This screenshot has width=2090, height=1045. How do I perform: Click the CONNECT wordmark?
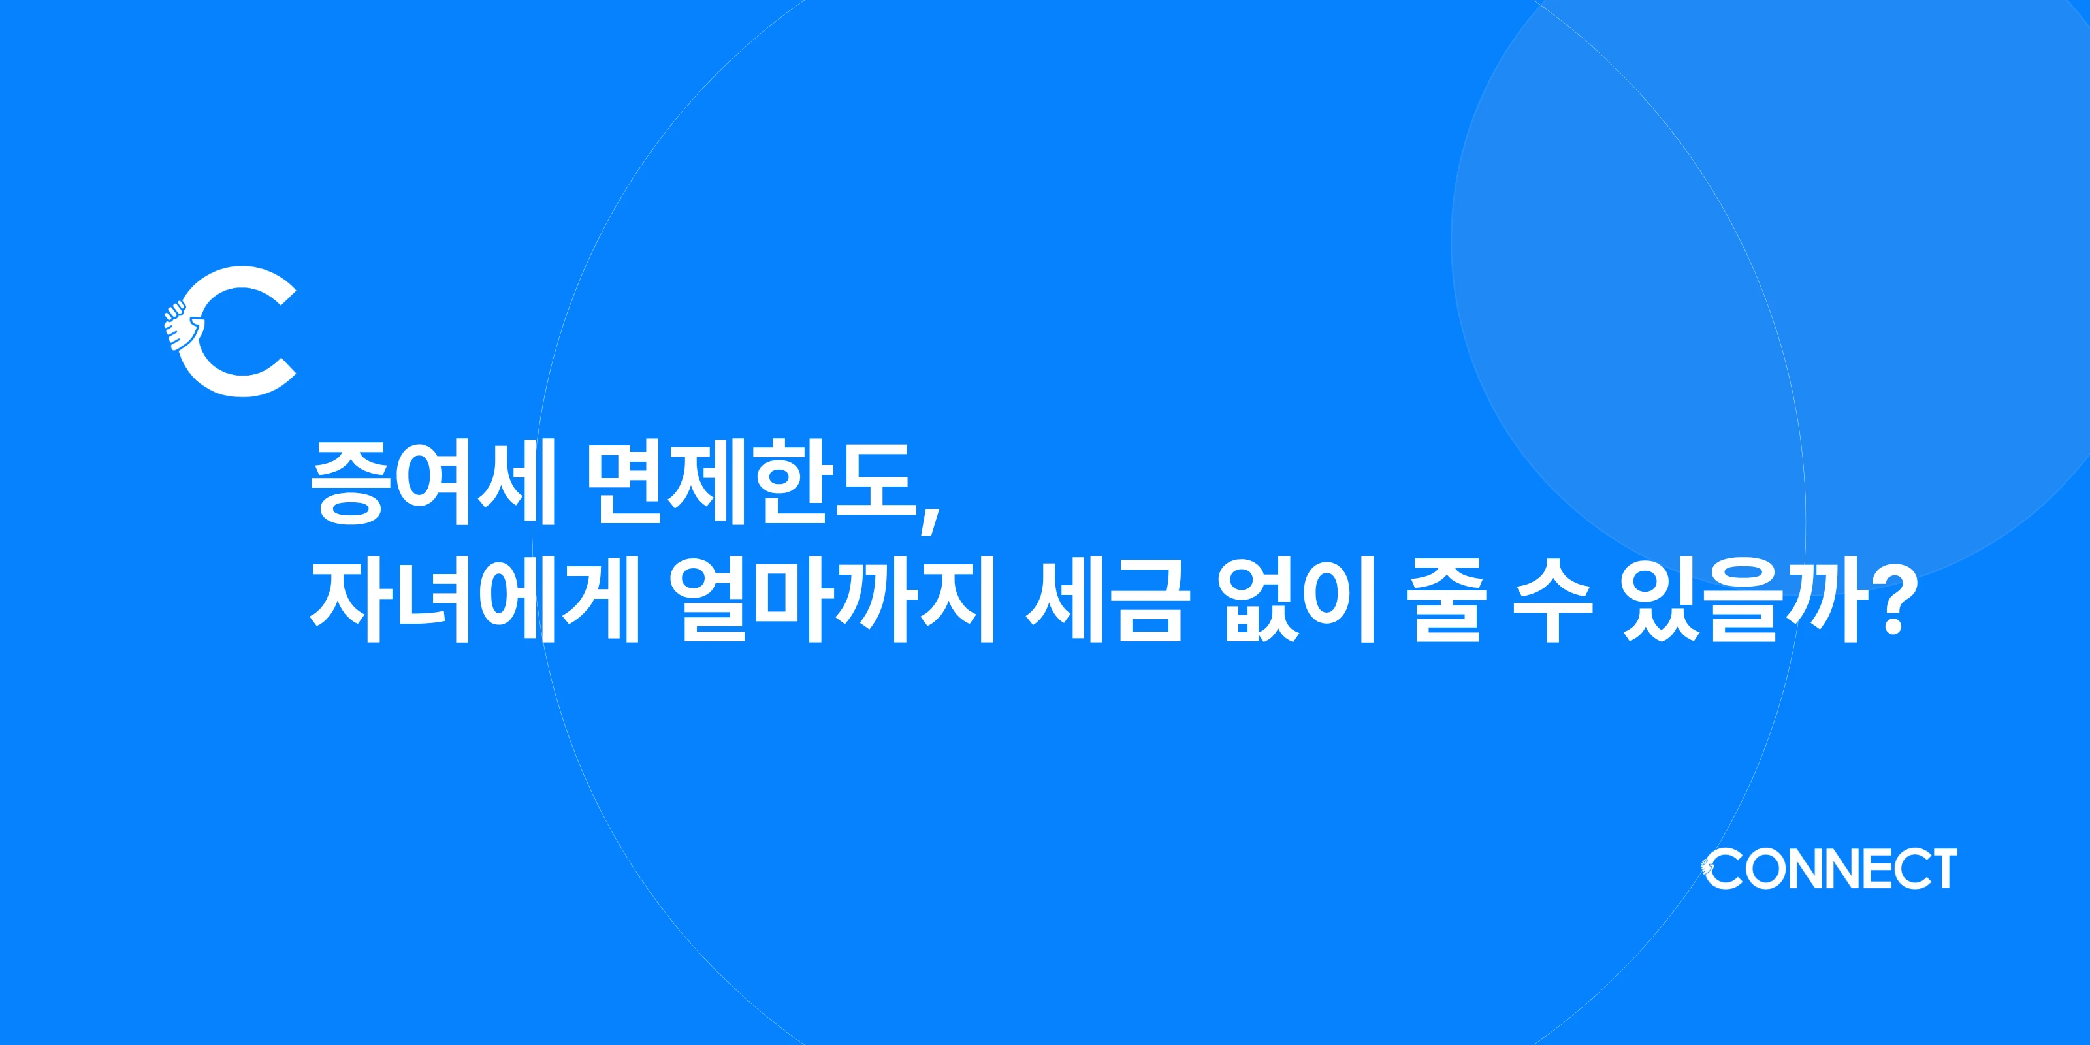pyautogui.click(x=1830, y=869)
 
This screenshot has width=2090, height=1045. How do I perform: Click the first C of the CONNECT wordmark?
pyautogui.click(x=1724, y=869)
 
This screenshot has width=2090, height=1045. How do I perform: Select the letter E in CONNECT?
pyautogui.click(x=1873, y=869)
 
